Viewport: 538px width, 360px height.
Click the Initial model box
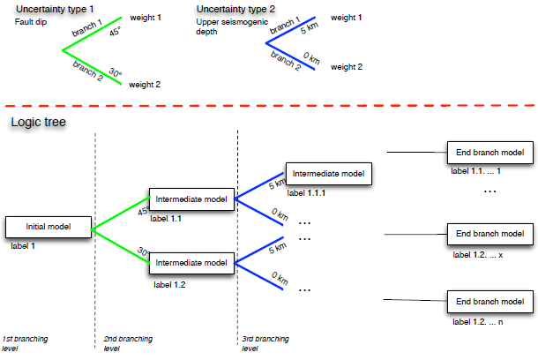[49, 226]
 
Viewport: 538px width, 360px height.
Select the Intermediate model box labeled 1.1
[191, 199]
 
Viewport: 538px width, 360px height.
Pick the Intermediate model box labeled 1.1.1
[328, 174]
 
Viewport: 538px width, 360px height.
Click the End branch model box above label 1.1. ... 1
[489, 152]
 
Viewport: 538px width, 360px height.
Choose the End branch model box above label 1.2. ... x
[489, 235]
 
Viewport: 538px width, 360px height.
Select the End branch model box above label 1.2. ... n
[489, 300]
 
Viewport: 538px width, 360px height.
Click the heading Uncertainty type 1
[56, 8]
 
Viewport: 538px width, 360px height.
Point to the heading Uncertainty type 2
[237, 8]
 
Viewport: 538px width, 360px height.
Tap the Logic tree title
[34, 121]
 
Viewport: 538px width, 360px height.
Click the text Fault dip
[30, 20]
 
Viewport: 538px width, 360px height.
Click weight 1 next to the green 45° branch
[146, 18]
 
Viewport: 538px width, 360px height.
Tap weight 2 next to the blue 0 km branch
[346, 66]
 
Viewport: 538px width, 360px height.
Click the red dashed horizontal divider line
[265, 105]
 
